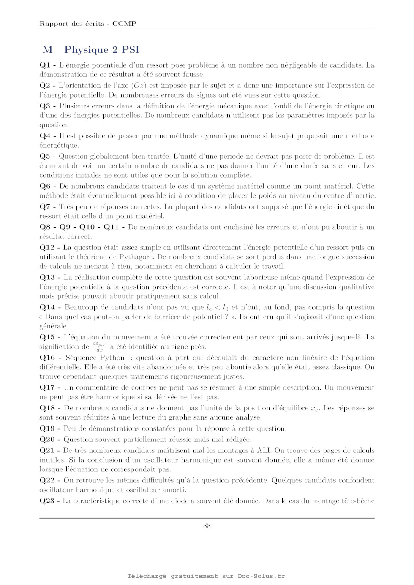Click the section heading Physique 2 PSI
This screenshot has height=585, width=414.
tap(101, 50)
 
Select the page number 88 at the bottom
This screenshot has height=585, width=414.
tap(207, 525)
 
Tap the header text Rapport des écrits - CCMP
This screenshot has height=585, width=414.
tap(88, 24)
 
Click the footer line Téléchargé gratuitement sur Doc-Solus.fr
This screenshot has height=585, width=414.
tap(206, 576)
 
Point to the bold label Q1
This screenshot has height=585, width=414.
tap(45, 65)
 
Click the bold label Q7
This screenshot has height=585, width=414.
tap(45, 206)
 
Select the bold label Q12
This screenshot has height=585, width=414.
tap(47, 247)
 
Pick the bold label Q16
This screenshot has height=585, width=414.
tap(47, 357)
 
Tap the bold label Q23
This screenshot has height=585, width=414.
tap(47, 501)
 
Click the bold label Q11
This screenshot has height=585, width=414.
tap(111, 227)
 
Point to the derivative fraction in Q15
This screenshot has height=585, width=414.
tap(99, 347)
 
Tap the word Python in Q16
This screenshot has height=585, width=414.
tap(112, 357)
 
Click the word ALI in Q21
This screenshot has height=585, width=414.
tap(264, 450)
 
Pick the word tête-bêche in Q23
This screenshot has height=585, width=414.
tap(358, 501)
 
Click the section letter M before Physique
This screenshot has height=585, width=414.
tap(48, 50)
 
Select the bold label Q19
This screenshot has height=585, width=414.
tap(47, 428)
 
